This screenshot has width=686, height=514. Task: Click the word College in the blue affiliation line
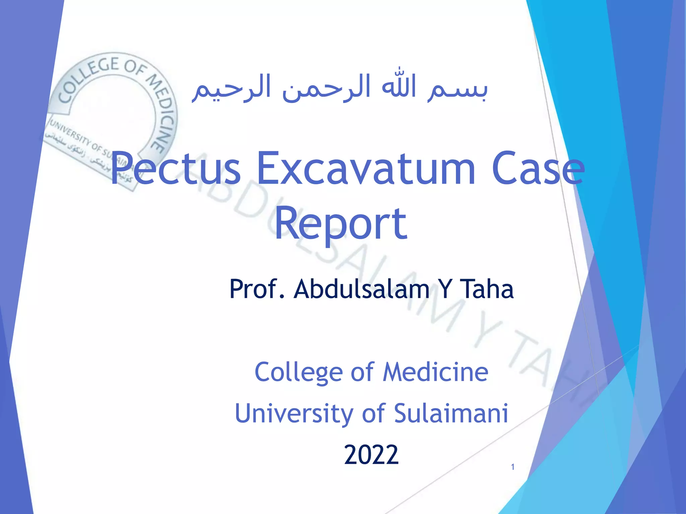(298, 372)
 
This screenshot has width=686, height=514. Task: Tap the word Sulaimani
(451, 413)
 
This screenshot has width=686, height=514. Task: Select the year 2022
(371, 455)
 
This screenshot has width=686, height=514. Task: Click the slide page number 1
(512, 467)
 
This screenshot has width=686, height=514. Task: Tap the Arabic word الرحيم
(231, 88)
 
